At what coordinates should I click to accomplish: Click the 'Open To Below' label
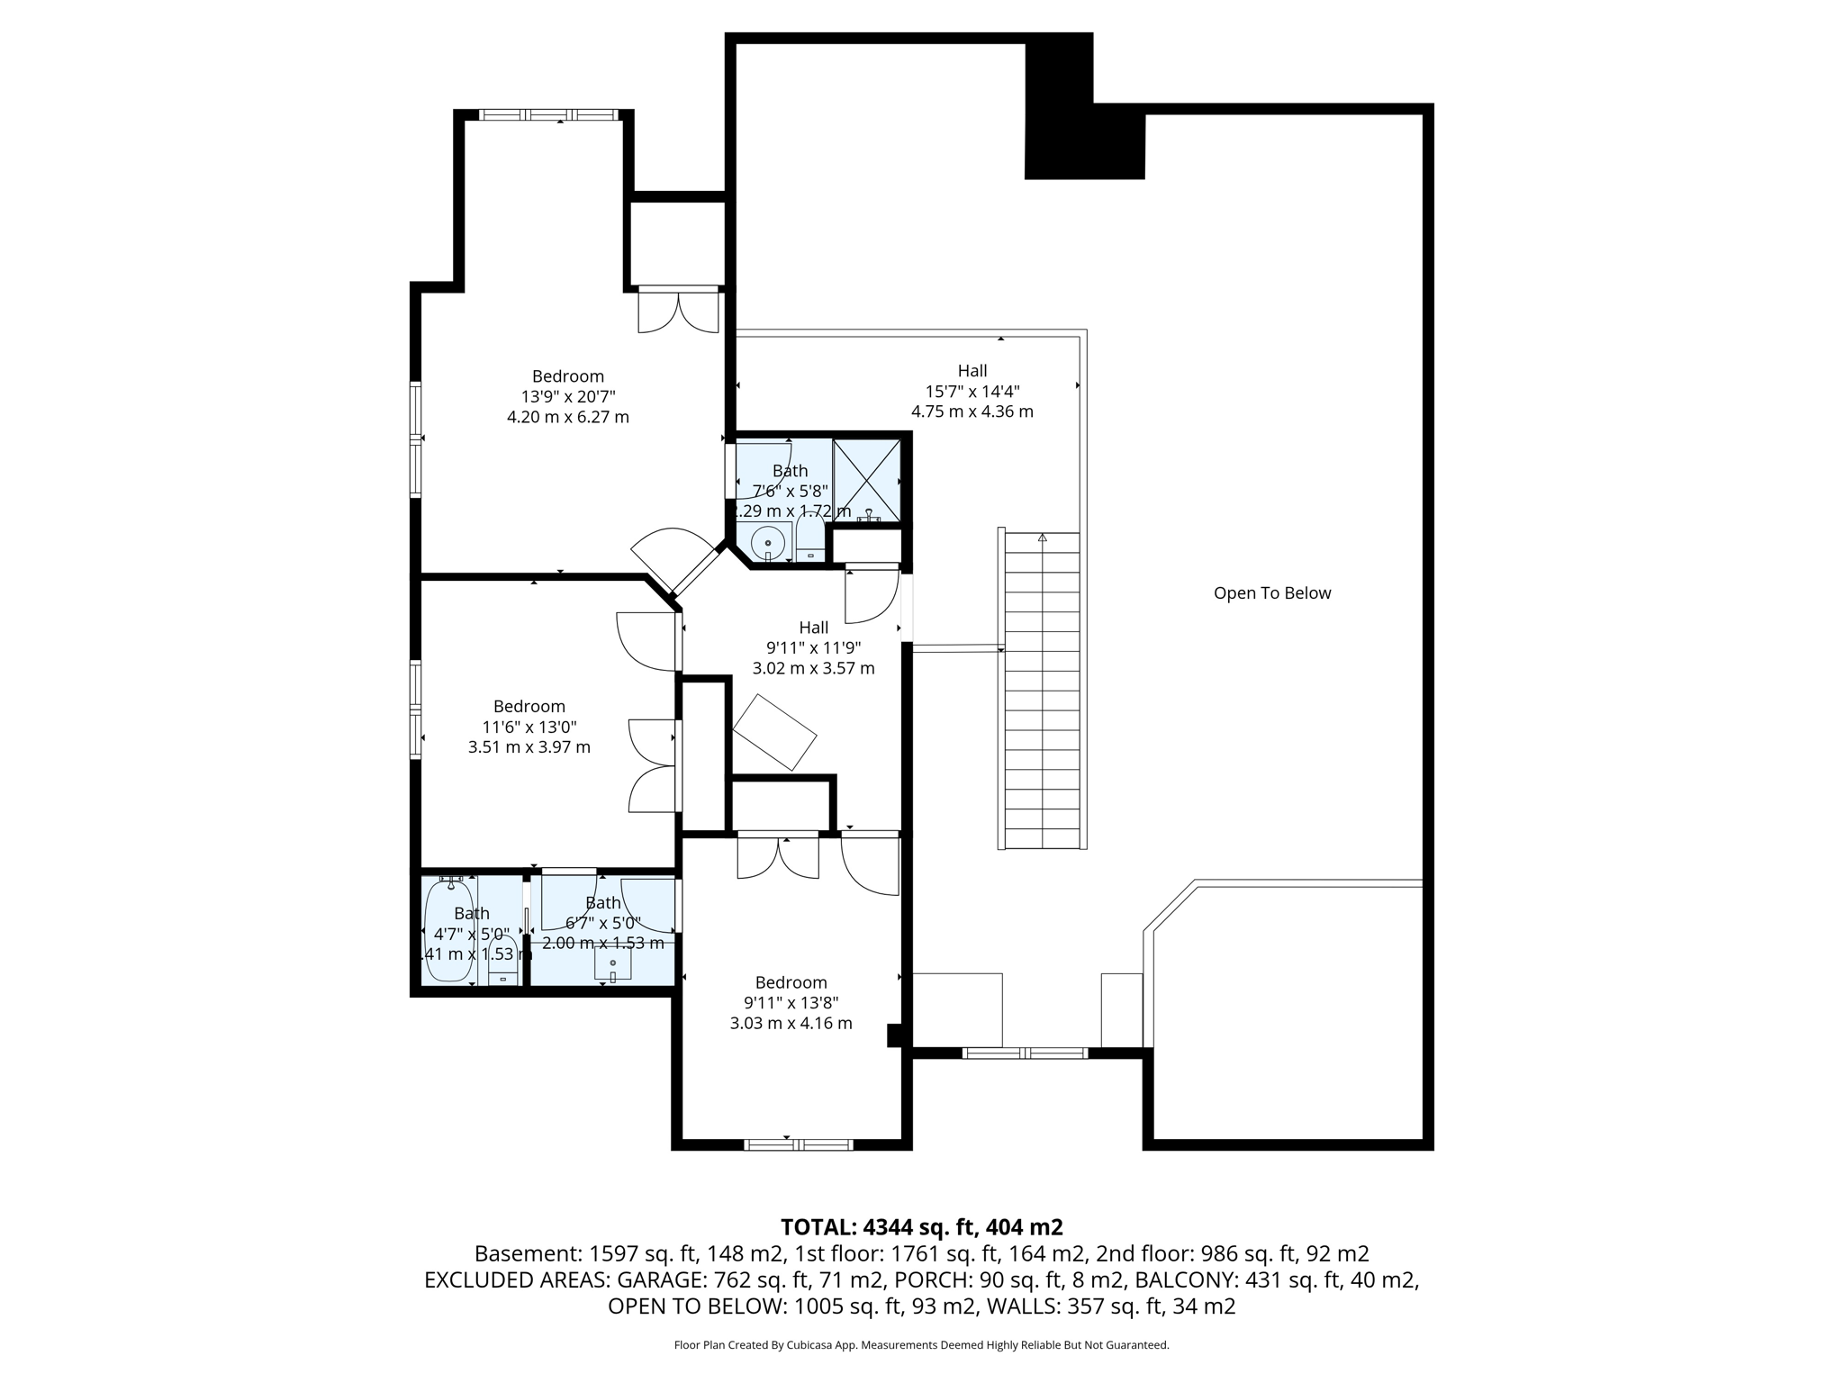1271,592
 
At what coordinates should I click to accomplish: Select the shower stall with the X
866,480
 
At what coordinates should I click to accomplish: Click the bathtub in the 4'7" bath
449,932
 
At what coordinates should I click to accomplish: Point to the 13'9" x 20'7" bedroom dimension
568,396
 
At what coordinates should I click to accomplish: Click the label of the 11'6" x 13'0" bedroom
529,706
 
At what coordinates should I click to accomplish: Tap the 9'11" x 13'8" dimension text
791,1002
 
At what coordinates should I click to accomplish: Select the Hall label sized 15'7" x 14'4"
972,370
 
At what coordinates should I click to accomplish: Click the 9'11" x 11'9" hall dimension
813,647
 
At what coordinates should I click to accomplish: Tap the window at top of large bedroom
548,114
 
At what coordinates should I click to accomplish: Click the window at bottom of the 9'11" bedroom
798,1144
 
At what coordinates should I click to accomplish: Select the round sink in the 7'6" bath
767,543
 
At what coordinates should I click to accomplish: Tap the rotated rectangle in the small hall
774,732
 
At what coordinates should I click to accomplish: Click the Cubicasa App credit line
921,1344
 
